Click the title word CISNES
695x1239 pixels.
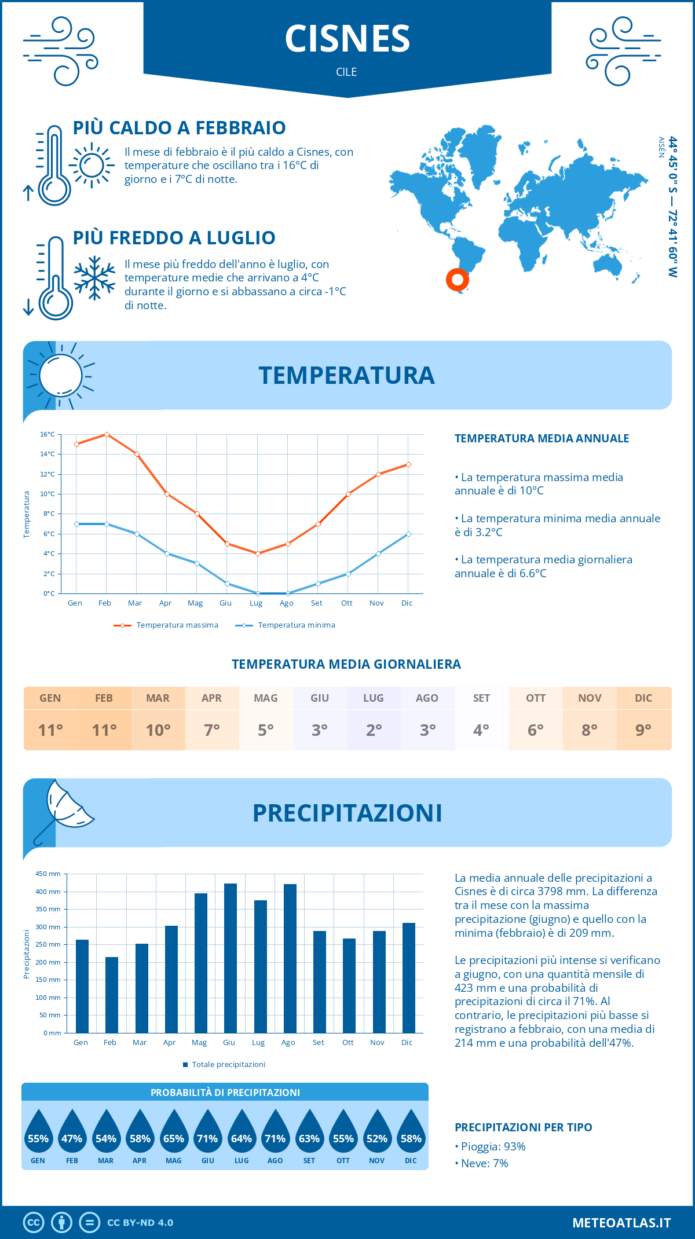(x=347, y=39)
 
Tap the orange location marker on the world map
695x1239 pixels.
(x=457, y=280)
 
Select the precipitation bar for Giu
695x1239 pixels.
(x=230, y=958)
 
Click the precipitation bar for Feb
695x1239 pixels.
(x=111, y=995)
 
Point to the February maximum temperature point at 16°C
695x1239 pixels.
(x=107, y=434)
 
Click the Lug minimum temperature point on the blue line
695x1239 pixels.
(x=258, y=593)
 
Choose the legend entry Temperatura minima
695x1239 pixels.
(x=296, y=625)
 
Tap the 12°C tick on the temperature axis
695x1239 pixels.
(x=47, y=474)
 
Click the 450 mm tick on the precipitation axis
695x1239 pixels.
(x=49, y=874)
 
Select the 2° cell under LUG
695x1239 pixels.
(x=374, y=730)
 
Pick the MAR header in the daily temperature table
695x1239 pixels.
(x=158, y=698)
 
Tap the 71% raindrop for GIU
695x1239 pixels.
(x=207, y=1138)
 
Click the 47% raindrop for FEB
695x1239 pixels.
(x=72, y=1138)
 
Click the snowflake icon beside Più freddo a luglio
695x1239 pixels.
(x=94, y=278)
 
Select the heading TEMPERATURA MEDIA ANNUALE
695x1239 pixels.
(x=542, y=439)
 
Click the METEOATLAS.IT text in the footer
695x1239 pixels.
(x=621, y=1223)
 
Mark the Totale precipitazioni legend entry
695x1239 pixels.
(x=228, y=1064)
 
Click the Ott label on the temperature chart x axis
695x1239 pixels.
(x=346, y=603)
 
